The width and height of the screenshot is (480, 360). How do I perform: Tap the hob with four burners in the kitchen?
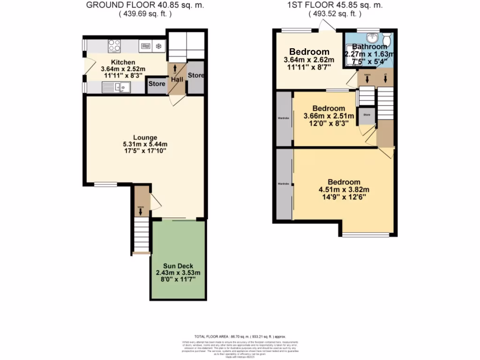click(x=115, y=46)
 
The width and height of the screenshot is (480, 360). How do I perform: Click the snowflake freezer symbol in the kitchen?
click(x=158, y=46)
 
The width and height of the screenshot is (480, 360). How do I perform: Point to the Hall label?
click(x=177, y=80)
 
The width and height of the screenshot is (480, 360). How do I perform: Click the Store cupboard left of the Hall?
click(x=157, y=84)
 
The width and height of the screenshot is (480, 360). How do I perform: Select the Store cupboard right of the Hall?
click(x=195, y=75)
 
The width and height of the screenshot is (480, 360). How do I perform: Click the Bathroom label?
click(x=370, y=47)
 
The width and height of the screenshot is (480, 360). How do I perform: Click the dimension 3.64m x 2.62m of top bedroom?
click(x=309, y=60)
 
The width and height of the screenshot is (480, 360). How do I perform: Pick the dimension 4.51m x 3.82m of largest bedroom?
click(x=344, y=190)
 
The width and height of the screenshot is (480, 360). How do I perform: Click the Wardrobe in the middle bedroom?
click(x=284, y=118)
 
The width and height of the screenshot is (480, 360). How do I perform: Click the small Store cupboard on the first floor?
click(x=367, y=115)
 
